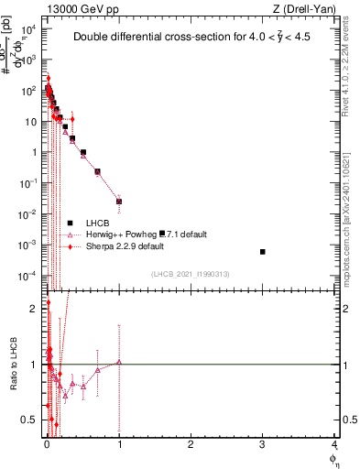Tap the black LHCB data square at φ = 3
coord(263,251)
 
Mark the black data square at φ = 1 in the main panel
coord(119,202)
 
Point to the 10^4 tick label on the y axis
coord(29,29)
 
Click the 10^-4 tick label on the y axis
coord(29,276)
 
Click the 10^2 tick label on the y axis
coord(29,91)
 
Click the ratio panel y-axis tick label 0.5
coord(28,420)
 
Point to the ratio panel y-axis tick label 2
coord(33,309)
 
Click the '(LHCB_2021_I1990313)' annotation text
coord(190,275)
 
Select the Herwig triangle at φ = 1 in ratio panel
coord(119,363)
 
